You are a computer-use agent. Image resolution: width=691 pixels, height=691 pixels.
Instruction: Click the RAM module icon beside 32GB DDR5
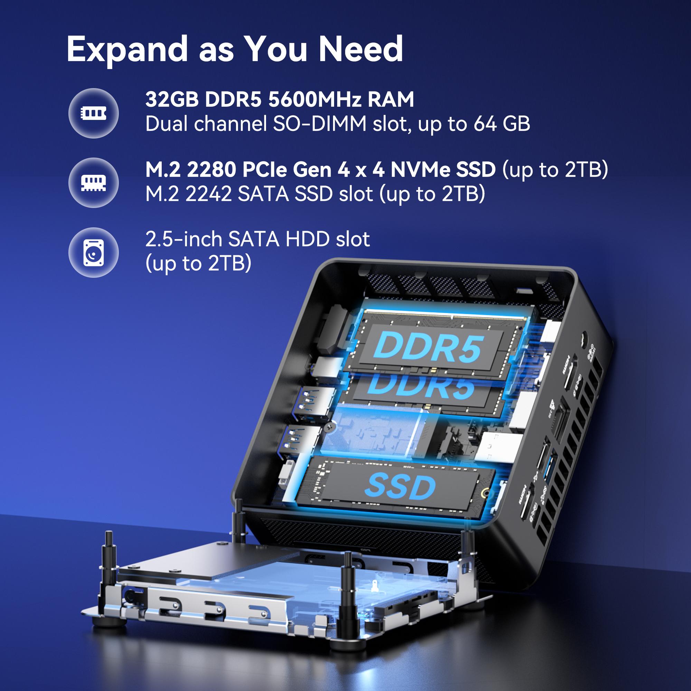coord(93,113)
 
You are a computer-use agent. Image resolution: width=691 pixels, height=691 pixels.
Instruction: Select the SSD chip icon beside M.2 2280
coord(93,183)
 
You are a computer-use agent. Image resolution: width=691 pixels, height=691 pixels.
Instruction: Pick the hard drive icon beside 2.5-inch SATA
coord(93,253)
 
